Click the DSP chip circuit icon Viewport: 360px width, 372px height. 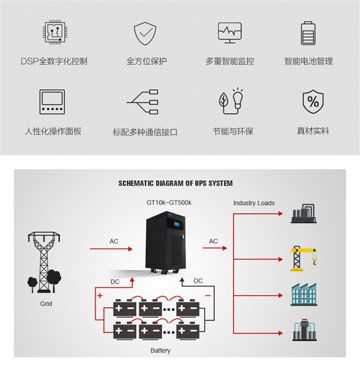(x=55, y=32)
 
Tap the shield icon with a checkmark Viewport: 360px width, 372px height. (x=145, y=33)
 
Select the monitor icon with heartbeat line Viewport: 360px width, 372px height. (x=229, y=33)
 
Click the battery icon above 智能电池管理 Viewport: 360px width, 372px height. (x=308, y=33)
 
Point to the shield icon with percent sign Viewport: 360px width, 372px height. (x=313, y=102)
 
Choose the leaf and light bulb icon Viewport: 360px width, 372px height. (x=231, y=101)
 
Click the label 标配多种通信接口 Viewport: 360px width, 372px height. (x=145, y=132)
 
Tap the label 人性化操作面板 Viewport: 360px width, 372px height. (x=53, y=131)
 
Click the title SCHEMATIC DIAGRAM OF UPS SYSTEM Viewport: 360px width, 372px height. (x=175, y=184)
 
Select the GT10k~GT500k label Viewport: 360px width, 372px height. (x=169, y=202)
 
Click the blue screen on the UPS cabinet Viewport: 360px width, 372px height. (x=176, y=224)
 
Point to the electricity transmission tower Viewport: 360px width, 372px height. (x=44, y=262)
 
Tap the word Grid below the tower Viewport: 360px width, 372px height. (x=46, y=304)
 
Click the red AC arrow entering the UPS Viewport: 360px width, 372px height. (x=111, y=249)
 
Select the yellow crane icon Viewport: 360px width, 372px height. (x=303, y=258)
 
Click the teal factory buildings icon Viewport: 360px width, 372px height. (x=304, y=294)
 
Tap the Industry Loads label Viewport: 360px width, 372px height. (x=254, y=203)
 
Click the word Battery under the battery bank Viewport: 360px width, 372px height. (x=160, y=350)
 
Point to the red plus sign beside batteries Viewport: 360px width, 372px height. (x=100, y=296)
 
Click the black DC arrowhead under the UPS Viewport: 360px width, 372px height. (x=182, y=280)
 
